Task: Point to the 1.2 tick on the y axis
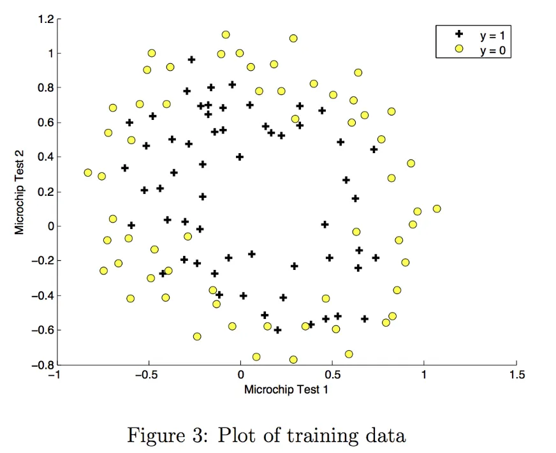[x=45, y=19]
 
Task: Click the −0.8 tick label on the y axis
[x=41, y=365]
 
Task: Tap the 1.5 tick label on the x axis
[x=516, y=375]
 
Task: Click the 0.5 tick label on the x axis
[x=332, y=375]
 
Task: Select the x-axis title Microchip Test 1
[x=286, y=389]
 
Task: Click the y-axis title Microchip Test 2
[x=20, y=192]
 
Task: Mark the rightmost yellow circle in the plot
[x=437, y=209]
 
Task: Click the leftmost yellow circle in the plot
[x=88, y=173]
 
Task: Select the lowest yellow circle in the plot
[x=293, y=360]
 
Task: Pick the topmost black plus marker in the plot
[x=191, y=59]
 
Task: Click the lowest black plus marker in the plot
[x=277, y=330]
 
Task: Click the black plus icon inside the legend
[x=458, y=35]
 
